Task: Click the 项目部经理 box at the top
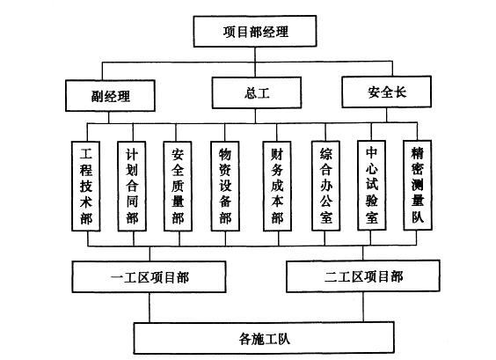coord(255,32)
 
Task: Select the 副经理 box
coord(110,96)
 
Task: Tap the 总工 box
coord(257,92)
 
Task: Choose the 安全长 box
coord(387,92)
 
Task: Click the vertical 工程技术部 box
coord(85,187)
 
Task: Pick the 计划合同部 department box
coord(132,187)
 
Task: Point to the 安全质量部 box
coord(178,187)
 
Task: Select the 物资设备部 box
coord(225,187)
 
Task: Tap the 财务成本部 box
coord(277,187)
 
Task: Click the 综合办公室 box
coord(325,186)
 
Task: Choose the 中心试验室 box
coord(372,185)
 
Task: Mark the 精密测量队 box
coord(418,185)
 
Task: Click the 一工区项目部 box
coord(149,276)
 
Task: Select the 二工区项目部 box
coord(363,276)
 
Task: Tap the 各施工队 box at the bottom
coord(264,338)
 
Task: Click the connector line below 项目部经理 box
coord(255,55)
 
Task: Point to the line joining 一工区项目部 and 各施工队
coord(150,307)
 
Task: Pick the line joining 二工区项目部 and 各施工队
coord(363,307)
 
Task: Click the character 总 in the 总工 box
coord(251,93)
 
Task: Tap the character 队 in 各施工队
coord(284,339)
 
